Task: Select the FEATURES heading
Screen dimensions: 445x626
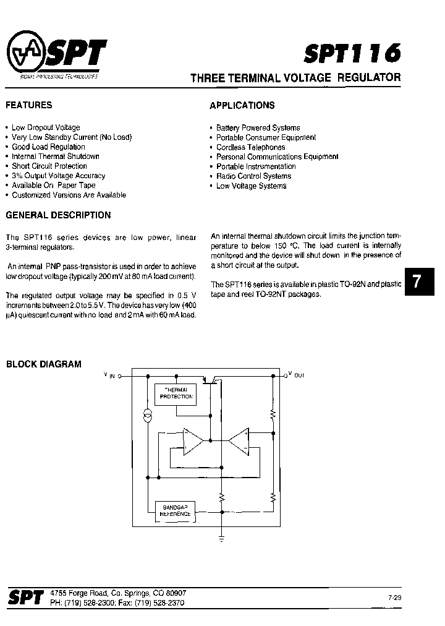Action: click(x=29, y=105)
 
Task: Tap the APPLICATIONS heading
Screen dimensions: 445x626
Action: click(x=242, y=106)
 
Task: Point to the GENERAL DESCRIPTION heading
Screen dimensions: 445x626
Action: click(x=58, y=216)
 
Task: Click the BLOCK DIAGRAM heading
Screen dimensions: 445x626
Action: click(x=44, y=364)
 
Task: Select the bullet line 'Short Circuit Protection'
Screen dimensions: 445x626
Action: click(x=49, y=166)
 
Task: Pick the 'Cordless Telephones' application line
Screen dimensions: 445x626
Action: click(x=250, y=147)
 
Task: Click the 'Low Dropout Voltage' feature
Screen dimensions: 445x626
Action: click(x=45, y=127)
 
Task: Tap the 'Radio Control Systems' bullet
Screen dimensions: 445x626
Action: click(x=253, y=176)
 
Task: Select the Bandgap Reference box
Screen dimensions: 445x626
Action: click(x=176, y=510)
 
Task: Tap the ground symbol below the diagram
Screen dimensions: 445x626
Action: click(x=221, y=539)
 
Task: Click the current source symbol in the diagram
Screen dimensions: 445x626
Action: click(x=148, y=416)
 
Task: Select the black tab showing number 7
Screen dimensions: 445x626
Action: click(x=417, y=283)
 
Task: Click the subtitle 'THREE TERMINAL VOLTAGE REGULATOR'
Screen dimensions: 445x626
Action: click(x=295, y=78)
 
